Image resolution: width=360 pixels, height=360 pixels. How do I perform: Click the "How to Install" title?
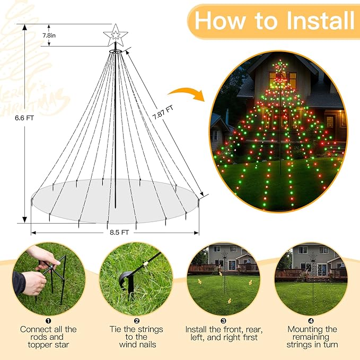pyautogui.click(x=274, y=21)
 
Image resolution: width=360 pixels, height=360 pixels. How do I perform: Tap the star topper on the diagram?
pyautogui.click(x=116, y=35)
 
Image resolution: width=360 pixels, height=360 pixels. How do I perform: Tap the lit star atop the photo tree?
pyautogui.click(x=280, y=67)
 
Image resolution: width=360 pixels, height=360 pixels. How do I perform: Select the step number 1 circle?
pyautogui.click(x=48, y=320)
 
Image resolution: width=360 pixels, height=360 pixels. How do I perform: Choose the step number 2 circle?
pyautogui.click(x=136, y=320)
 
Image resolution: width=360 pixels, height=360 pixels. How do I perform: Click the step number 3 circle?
pyautogui.click(x=223, y=320)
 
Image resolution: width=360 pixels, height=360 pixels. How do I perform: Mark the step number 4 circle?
pyautogui.click(x=311, y=320)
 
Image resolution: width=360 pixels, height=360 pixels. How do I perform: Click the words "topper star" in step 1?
pyautogui.click(x=48, y=345)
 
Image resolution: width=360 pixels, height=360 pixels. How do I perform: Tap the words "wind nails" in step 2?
pyautogui.click(x=136, y=345)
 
